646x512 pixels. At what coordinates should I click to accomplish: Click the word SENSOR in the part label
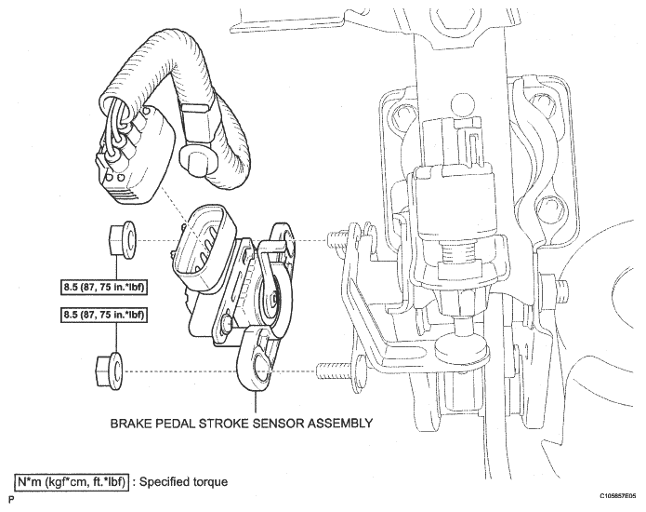click(x=281, y=422)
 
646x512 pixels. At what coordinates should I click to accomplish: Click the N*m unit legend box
click(x=70, y=481)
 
